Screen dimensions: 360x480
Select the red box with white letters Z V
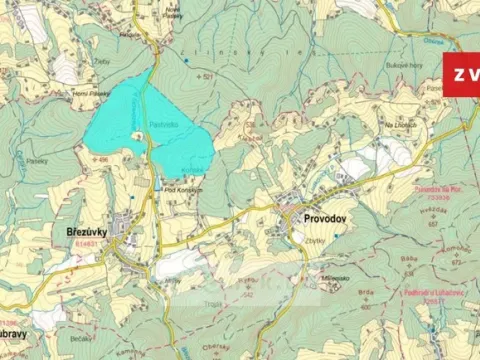point(461,76)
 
